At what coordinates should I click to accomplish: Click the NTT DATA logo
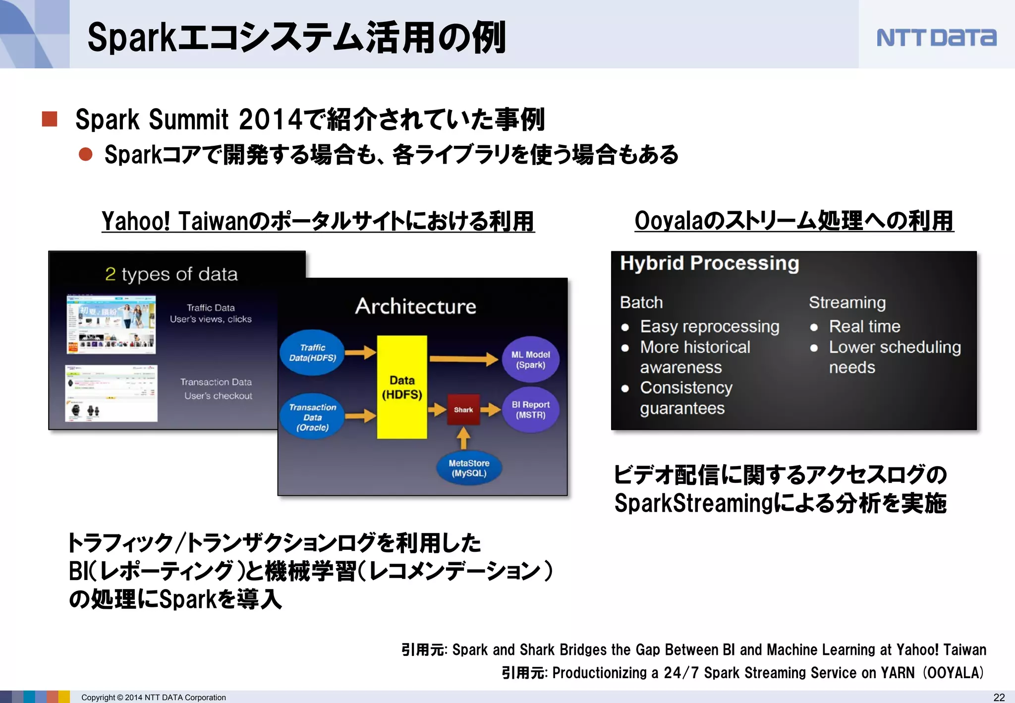936,38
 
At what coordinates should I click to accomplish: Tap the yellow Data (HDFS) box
402,387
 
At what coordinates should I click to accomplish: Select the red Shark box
463,410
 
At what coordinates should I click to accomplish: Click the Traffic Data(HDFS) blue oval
313,352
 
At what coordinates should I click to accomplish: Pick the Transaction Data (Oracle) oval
312,417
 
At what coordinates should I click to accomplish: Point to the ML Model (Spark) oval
530,360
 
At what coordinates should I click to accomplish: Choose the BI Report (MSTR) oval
530,410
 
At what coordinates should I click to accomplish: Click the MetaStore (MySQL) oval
469,468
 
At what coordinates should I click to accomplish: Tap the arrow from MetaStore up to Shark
463,438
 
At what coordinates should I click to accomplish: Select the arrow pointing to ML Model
463,358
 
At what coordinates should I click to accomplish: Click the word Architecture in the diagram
415,306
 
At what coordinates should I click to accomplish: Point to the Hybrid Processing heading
709,263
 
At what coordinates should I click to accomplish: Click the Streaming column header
847,302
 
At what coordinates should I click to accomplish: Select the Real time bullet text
864,326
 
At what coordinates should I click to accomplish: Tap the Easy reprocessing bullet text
709,327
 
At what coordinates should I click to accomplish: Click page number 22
999,697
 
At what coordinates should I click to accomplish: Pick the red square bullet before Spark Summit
50,119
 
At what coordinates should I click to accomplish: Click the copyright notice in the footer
153,697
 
